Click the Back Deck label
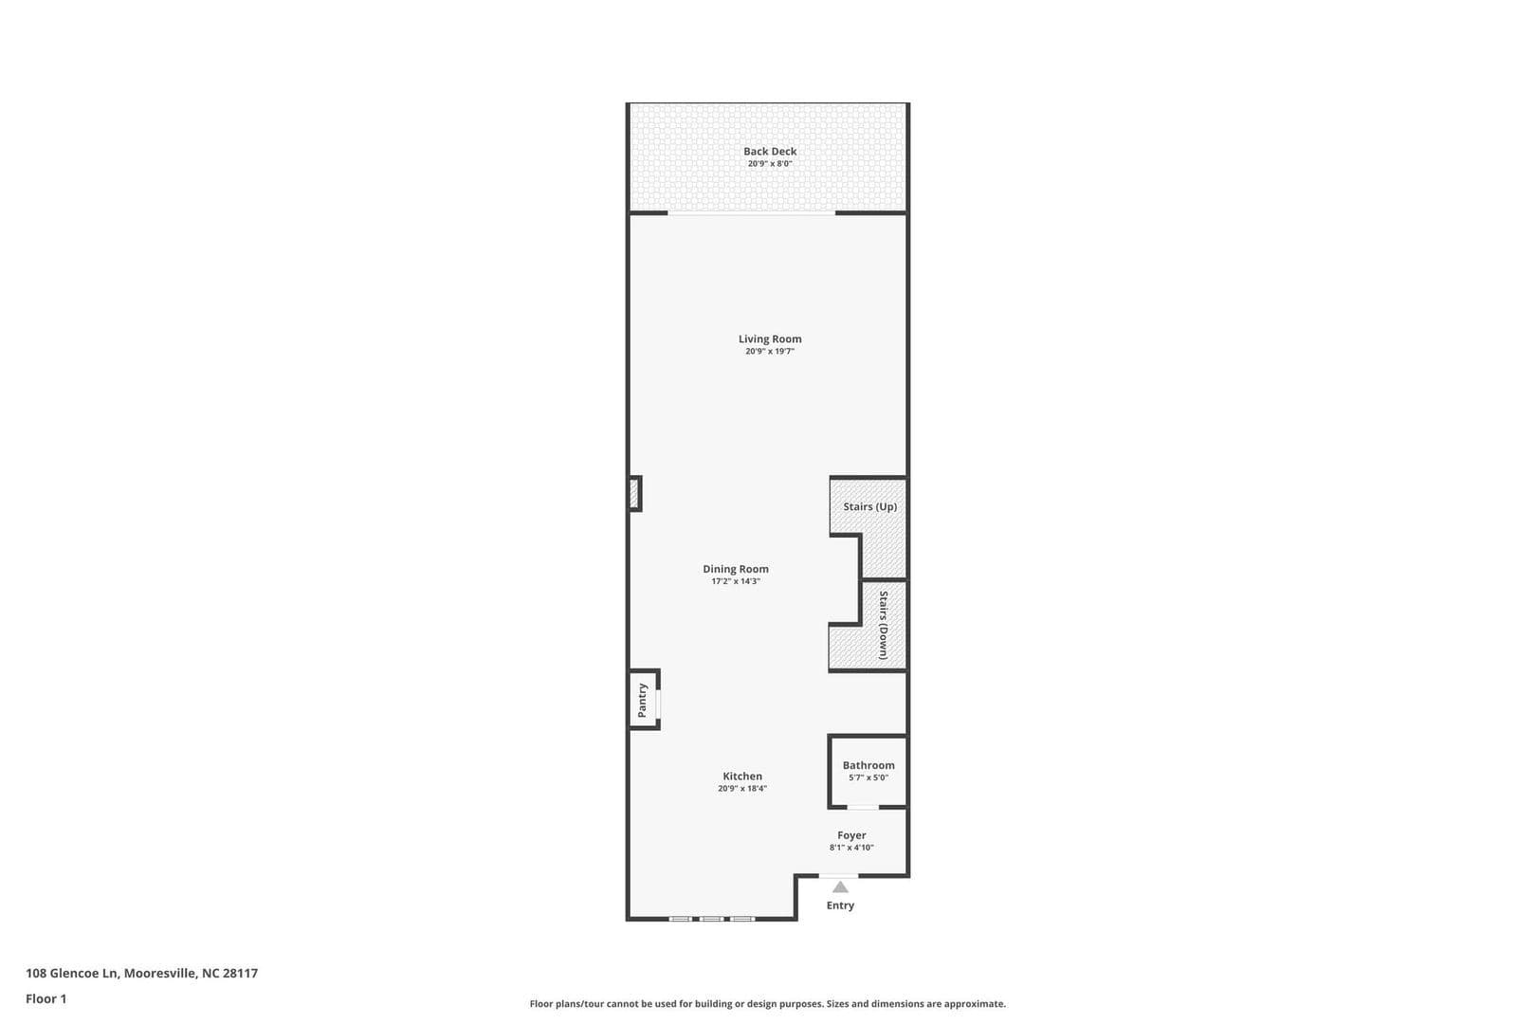tap(770, 152)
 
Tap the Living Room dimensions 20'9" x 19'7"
tap(769, 352)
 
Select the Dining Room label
tap(736, 569)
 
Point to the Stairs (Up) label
tap(869, 506)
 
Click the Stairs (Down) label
tap(883, 625)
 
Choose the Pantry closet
tap(643, 700)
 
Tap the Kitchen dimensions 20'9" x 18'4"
tap(742, 789)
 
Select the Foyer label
tap(851, 835)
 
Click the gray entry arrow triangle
tap(840, 887)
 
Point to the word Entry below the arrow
tap(840, 905)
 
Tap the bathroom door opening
tap(862, 807)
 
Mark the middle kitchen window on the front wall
tap(711, 918)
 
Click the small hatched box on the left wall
tap(633, 493)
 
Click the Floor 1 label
tap(46, 998)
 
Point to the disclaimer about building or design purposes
tap(767, 1003)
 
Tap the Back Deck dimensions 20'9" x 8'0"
tap(770, 164)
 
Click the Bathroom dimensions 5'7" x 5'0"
tap(868, 778)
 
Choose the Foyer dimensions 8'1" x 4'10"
tap(851, 848)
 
